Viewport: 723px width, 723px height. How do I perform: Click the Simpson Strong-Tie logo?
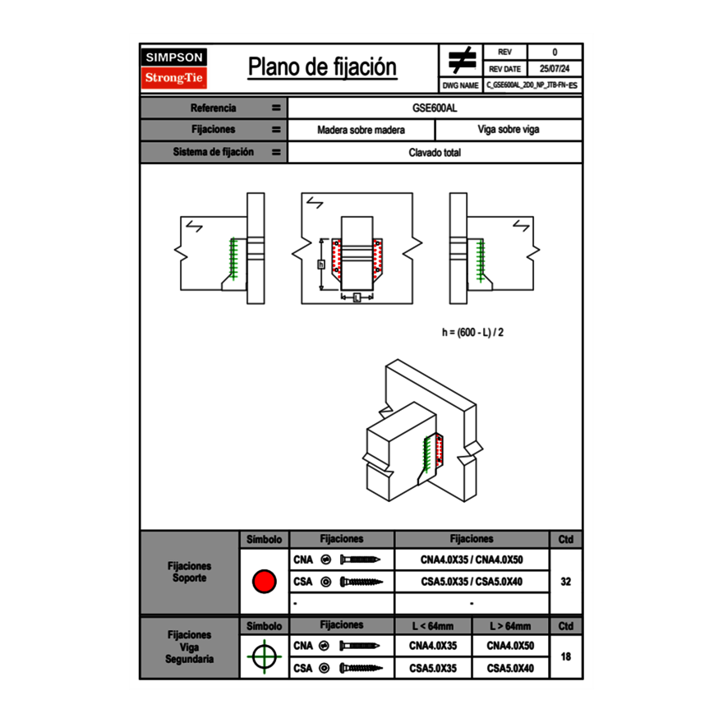coord(175,68)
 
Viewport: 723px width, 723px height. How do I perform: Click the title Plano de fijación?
coord(322,67)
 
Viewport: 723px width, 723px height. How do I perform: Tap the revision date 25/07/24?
coord(555,69)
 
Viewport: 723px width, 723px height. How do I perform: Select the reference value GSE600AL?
coord(435,108)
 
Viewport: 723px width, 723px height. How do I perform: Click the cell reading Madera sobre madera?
coord(361,130)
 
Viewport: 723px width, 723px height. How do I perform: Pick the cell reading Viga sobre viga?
coord(508,130)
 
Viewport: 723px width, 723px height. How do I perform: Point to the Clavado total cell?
coord(435,153)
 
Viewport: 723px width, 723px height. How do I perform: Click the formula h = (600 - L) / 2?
coord(472,333)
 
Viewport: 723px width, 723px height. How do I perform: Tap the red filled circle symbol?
coord(264,582)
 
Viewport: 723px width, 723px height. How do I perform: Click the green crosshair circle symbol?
coord(264,656)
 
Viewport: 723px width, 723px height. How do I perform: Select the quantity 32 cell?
coord(565,582)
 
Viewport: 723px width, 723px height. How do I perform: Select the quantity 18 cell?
coord(565,656)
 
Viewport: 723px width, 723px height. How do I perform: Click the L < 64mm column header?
coord(433,626)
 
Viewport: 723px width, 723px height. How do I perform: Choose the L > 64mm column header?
coord(510,626)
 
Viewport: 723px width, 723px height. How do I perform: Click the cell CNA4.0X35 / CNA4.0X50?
coord(472,560)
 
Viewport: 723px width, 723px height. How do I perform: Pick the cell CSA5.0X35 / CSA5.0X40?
coord(472,582)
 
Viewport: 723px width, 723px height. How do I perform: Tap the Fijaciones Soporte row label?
coord(190,573)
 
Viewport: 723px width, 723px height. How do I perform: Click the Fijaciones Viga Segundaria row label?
coord(190,647)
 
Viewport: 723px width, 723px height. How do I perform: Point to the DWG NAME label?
coord(460,85)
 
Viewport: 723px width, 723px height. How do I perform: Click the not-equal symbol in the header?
coord(461,60)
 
